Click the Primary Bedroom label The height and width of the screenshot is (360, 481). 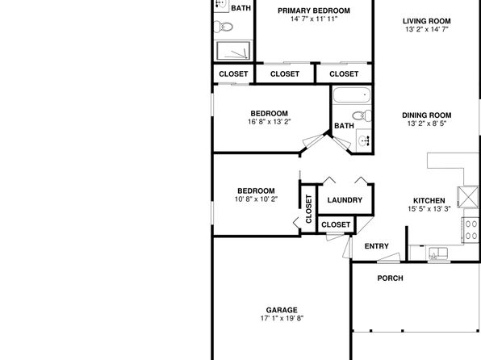314,10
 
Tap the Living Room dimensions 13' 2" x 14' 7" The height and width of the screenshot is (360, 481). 426,30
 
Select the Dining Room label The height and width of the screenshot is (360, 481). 427,115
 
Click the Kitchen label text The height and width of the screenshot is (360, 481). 429,201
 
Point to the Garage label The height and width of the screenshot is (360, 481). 282,310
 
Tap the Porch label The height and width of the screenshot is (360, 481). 390,278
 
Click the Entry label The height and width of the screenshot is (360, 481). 377,246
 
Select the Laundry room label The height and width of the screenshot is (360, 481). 345,200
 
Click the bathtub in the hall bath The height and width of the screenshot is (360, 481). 352,94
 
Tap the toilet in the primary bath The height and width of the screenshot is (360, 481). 223,27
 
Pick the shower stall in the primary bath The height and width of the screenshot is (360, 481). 233,51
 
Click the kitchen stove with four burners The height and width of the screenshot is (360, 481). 471,230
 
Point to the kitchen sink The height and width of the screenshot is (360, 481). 438,253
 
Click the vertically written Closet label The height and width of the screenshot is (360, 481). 308,209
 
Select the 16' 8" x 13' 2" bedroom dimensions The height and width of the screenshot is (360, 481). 270,122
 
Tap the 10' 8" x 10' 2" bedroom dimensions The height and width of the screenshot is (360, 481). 256,199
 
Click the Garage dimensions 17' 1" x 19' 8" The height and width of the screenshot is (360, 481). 282,318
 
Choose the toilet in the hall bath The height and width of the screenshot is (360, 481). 362,115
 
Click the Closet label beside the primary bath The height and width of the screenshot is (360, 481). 233,74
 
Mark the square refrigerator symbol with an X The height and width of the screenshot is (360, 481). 468,197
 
